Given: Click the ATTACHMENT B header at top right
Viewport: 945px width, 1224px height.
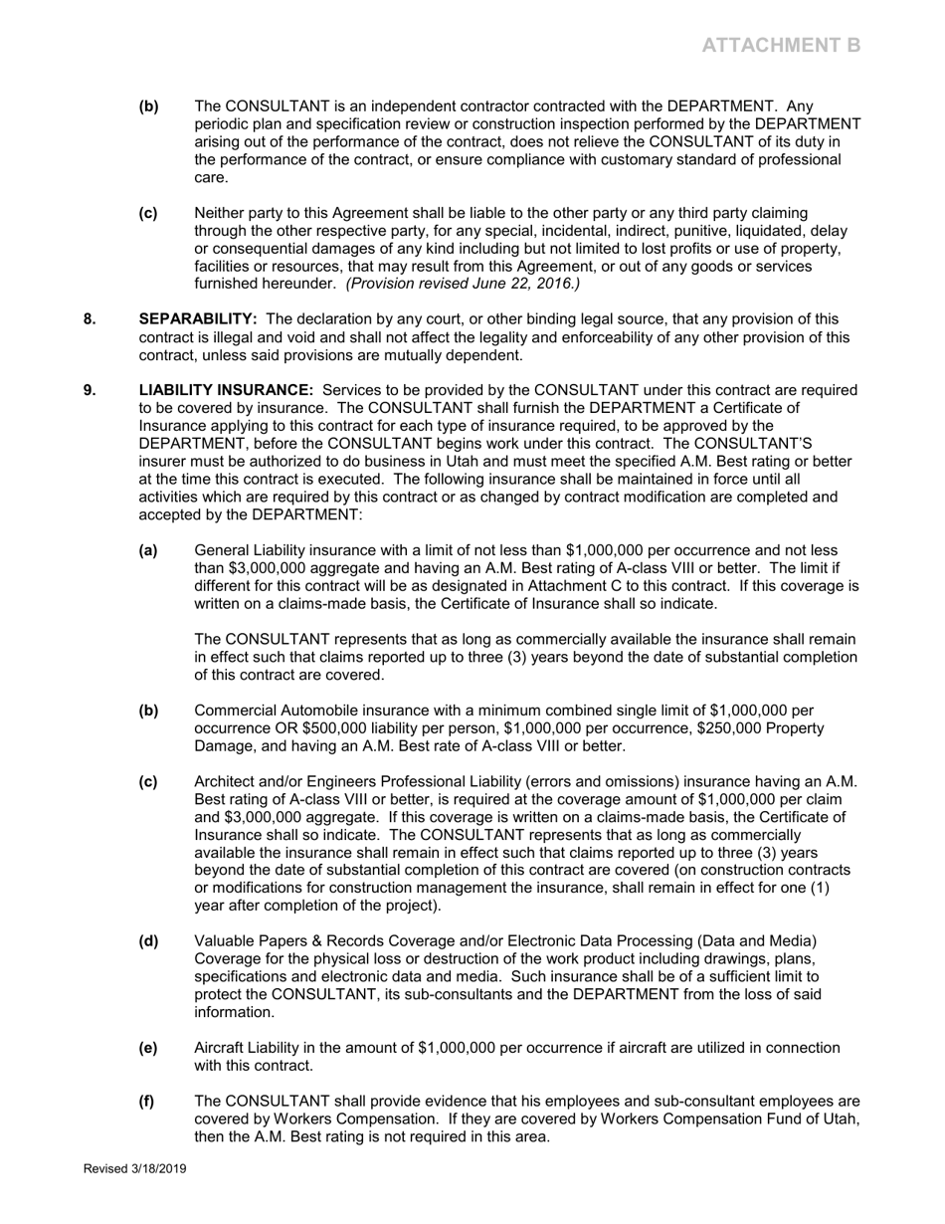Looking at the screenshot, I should click(781, 45).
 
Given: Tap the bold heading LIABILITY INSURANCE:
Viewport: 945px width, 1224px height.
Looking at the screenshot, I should click(226, 390).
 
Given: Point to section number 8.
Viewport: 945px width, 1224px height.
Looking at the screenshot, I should click(90, 319).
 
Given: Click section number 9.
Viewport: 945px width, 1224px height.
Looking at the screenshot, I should click(90, 390).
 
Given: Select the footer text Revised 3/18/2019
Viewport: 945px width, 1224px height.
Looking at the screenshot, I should click(134, 1169).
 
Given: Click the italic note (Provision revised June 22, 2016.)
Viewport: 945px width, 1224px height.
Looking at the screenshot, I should click(463, 285).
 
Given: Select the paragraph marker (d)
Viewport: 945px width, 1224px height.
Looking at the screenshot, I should click(148, 941).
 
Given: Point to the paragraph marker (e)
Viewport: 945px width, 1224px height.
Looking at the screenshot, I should click(148, 1048).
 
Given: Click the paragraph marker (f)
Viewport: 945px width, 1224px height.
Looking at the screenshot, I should click(147, 1102).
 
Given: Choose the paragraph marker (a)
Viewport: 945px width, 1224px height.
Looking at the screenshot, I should click(148, 550).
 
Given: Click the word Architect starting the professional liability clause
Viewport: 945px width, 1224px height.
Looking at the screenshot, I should click(226, 782).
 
